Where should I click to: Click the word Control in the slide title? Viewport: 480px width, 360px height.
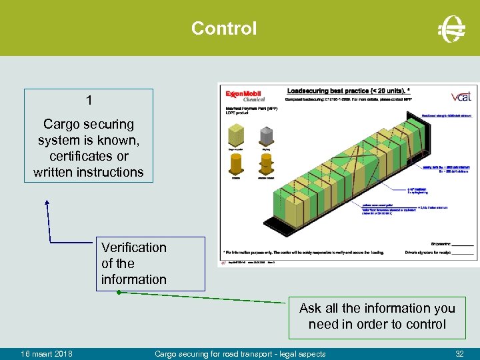coord(223,29)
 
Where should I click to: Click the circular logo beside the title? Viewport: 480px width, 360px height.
coord(451,29)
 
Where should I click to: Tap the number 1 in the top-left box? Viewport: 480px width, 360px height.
coord(89,101)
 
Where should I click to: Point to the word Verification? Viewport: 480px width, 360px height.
coord(134,247)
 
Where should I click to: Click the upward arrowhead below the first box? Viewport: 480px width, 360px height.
coord(47,201)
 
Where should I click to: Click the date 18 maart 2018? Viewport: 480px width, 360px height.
coord(47,353)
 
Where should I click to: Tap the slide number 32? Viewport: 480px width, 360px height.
coord(459,353)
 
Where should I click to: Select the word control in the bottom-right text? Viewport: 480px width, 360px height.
coord(424,325)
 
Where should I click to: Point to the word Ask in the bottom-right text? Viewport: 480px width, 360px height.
coord(310,308)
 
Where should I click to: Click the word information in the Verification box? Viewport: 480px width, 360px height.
coord(134,279)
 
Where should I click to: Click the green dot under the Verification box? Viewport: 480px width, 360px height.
coord(118,292)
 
